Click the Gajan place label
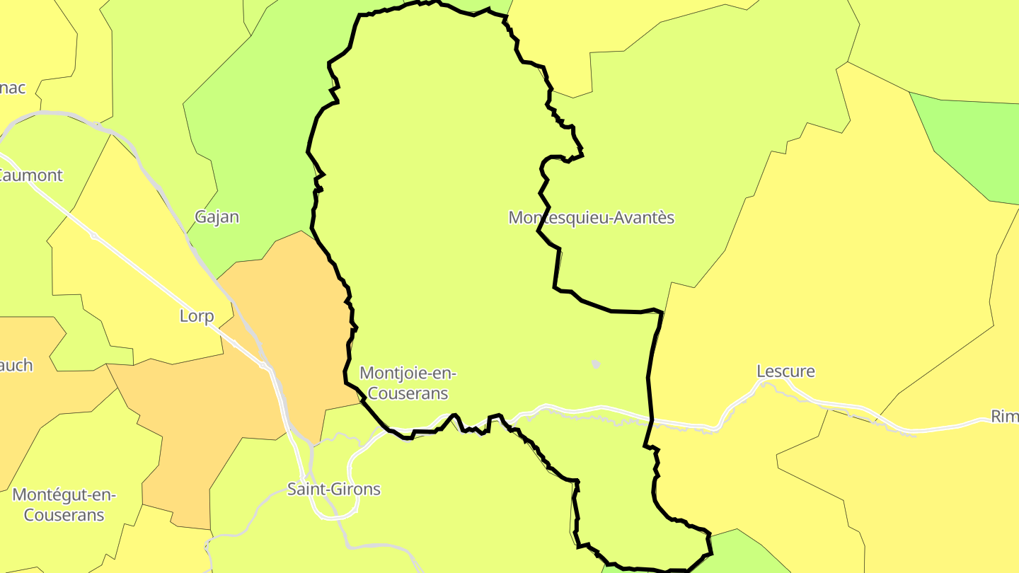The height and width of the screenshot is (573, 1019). (x=217, y=217)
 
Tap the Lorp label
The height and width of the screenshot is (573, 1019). (x=197, y=316)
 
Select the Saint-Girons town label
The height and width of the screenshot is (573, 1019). (x=333, y=489)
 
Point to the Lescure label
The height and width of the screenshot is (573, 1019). (x=785, y=371)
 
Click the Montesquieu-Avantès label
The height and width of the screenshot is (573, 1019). (x=592, y=217)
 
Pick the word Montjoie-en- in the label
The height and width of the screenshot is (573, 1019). (x=408, y=373)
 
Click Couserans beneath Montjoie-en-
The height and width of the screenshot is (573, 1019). (x=405, y=393)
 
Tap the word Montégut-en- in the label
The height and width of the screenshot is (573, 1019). (x=64, y=494)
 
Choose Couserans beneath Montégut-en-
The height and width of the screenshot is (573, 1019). (x=64, y=515)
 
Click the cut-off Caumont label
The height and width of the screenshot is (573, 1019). (x=31, y=175)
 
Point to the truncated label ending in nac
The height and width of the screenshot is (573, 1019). (x=13, y=88)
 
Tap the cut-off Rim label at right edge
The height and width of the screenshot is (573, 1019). (x=1004, y=417)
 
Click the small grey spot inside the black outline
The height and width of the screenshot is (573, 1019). (x=595, y=364)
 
